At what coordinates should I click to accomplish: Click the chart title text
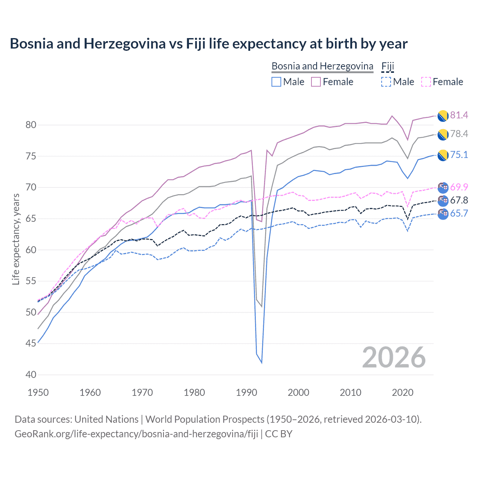click(208, 44)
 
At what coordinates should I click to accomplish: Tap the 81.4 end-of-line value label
click(459, 115)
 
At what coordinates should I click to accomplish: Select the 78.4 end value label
click(459, 134)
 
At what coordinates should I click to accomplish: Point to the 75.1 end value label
click(459, 155)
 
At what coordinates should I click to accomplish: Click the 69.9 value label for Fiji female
click(459, 187)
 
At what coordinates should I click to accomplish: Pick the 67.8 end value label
click(459, 200)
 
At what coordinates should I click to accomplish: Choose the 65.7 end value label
click(459, 213)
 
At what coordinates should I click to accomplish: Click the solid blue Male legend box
click(276, 82)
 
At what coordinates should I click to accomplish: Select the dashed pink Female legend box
click(426, 82)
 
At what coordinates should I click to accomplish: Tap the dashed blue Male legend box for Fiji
click(386, 82)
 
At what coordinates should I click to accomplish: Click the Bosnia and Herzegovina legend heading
click(322, 66)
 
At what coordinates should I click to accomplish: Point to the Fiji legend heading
click(388, 66)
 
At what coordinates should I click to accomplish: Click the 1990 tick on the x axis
click(246, 392)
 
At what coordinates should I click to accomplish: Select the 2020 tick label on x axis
click(403, 392)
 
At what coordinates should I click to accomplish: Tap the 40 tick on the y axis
click(31, 375)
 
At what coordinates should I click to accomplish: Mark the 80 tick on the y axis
click(31, 125)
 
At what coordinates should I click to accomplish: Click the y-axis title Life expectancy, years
click(16, 239)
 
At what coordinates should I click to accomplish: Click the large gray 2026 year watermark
click(394, 357)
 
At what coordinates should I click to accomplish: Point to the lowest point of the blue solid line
click(261, 363)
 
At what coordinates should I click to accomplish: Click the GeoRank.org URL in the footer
click(136, 434)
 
